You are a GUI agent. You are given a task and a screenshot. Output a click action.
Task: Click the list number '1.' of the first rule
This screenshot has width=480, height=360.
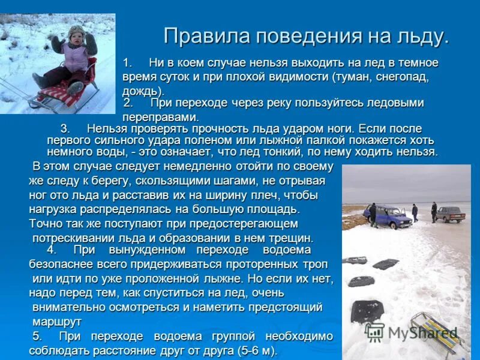tap(127, 63)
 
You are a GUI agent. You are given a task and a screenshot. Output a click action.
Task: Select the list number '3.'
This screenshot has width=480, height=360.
tap(65, 128)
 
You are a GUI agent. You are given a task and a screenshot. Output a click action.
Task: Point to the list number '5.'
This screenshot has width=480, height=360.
tap(37, 336)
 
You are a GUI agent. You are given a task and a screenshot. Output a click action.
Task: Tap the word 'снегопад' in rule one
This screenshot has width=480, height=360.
tap(401, 77)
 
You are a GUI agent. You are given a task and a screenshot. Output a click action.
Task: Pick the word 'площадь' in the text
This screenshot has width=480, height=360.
tap(273, 209)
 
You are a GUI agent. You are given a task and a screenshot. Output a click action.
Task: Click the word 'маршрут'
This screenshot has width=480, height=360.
tap(56, 321)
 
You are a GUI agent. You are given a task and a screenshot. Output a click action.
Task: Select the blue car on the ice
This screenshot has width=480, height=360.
tap(391, 216)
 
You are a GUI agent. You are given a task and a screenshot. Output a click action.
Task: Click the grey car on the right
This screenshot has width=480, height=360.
tap(450, 213)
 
